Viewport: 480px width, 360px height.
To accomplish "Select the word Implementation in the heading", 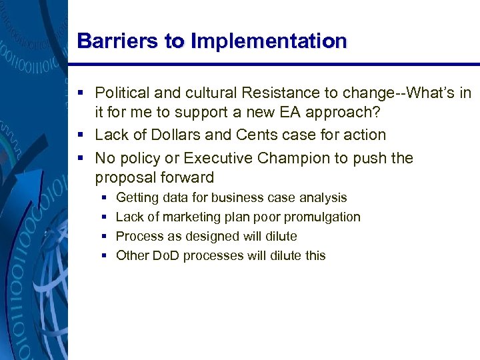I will pyautogui.click(x=269, y=41).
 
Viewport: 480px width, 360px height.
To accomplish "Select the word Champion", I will pyautogui.click(x=293, y=159).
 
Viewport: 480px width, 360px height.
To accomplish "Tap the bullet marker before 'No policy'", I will pyautogui.click(x=81, y=159).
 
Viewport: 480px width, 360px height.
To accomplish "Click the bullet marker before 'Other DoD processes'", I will pyautogui.click(x=104, y=256).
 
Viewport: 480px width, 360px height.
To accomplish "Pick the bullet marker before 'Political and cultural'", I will pyautogui.click(x=81, y=92).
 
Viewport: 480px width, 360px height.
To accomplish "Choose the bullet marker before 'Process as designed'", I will pyautogui.click(x=104, y=237).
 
